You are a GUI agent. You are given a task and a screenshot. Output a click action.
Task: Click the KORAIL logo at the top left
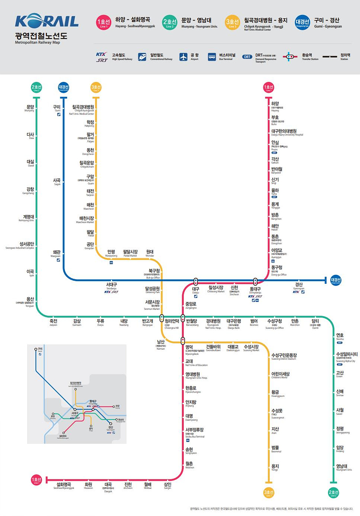[46, 21]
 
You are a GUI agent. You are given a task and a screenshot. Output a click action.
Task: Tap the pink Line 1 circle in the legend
[104, 22]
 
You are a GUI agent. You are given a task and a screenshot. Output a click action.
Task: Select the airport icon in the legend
[184, 57]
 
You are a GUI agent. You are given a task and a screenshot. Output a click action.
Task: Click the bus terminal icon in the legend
[212, 57]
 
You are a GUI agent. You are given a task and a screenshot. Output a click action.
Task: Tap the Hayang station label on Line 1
[275, 106]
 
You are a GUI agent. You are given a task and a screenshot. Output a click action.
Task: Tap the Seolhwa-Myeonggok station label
[64, 485]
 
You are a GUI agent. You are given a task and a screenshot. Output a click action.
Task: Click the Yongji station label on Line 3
[275, 467]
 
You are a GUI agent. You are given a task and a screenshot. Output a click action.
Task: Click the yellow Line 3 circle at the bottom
[268, 493]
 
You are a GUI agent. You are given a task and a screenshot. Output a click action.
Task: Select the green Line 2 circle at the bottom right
[333, 493]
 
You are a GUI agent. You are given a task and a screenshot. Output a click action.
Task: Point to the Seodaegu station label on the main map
[111, 286]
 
